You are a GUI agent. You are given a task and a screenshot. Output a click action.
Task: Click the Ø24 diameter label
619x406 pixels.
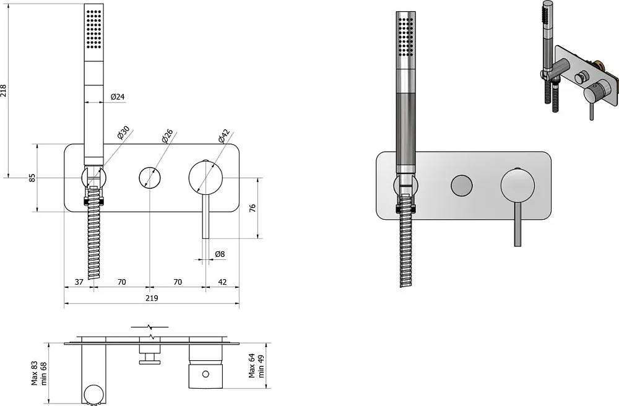(x=118, y=97)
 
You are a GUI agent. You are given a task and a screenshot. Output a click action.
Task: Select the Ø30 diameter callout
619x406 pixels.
(x=123, y=133)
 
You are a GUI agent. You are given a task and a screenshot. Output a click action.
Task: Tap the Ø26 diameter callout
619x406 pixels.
(x=167, y=136)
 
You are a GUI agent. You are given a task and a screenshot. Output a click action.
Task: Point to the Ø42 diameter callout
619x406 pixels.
(x=223, y=136)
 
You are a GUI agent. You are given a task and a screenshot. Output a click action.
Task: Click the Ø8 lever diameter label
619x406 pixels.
(x=220, y=254)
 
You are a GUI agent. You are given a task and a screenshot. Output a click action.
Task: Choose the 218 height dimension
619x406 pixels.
(x=4, y=91)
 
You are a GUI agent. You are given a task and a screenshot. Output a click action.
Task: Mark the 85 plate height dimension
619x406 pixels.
(x=32, y=178)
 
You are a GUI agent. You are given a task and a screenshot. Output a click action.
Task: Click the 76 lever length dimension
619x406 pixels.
(x=253, y=208)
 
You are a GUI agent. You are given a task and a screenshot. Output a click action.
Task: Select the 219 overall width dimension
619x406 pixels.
(x=152, y=298)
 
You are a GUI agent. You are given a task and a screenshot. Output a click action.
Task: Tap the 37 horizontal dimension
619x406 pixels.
(x=79, y=282)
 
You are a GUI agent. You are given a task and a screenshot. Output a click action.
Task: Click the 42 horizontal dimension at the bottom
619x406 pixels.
(x=222, y=282)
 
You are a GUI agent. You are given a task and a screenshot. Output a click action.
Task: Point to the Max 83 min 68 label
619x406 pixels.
(x=39, y=373)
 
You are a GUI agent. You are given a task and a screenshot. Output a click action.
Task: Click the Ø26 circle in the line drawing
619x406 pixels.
(x=150, y=178)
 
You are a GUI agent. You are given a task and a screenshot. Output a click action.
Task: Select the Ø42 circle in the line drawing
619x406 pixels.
(x=206, y=178)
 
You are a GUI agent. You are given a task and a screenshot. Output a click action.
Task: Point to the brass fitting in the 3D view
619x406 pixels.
(x=600, y=63)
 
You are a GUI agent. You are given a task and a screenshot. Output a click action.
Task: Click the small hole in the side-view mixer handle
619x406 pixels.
(x=206, y=373)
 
